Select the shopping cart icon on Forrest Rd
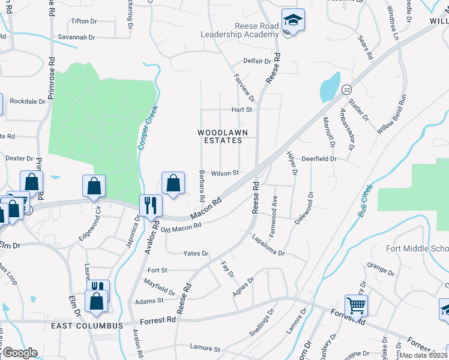[x=357, y=306]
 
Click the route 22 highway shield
[x=346, y=89]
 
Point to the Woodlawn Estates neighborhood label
[x=220, y=136]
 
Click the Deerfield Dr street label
[x=319, y=159]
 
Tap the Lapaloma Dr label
[x=268, y=245]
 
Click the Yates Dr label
[x=196, y=254]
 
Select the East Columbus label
[x=87, y=325]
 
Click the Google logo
[x=20, y=353]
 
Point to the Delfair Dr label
[x=257, y=61]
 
